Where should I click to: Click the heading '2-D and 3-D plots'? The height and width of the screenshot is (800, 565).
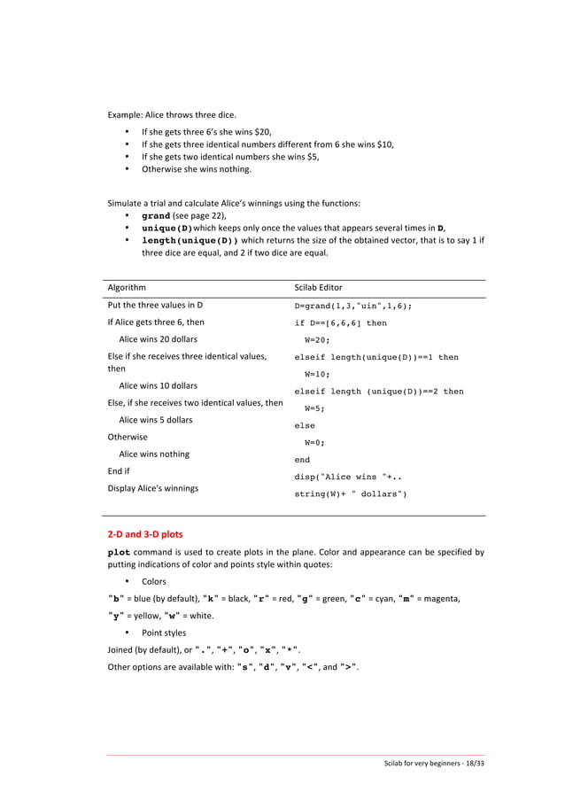click(x=145, y=534)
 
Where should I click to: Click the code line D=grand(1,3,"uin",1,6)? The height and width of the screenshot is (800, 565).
click(x=352, y=306)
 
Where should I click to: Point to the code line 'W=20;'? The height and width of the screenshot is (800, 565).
click(x=317, y=339)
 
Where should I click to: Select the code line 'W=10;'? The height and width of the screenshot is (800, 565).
click(x=317, y=374)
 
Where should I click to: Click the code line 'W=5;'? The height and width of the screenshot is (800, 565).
click(x=314, y=408)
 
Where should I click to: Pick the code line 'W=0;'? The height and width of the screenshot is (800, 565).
click(x=314, y=442)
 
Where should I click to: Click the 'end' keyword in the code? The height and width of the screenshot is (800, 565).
click(x=302, y=460)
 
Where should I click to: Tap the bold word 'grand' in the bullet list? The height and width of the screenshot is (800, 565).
click(x=156, y=215)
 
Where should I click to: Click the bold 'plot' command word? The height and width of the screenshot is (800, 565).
click(x=120, y=552)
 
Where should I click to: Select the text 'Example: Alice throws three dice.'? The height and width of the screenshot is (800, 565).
click(x=178, y=115)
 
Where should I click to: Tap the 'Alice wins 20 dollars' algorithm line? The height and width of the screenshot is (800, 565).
click(x=158, y=339)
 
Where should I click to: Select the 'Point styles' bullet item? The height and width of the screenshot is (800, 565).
click(x=164, y=633)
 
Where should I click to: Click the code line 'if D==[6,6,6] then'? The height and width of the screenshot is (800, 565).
click(x=340, y=323)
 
